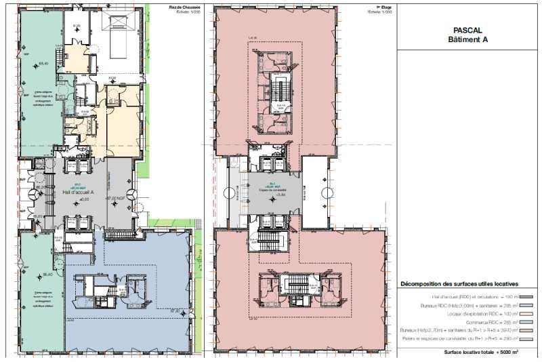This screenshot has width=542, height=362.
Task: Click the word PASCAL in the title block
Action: coord(467,31)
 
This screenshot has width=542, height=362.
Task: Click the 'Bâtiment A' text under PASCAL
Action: coord(467,40)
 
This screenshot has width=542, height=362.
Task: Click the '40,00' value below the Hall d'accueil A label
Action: coord(85,200)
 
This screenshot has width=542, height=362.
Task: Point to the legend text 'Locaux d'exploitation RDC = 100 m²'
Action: coord(478,317)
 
